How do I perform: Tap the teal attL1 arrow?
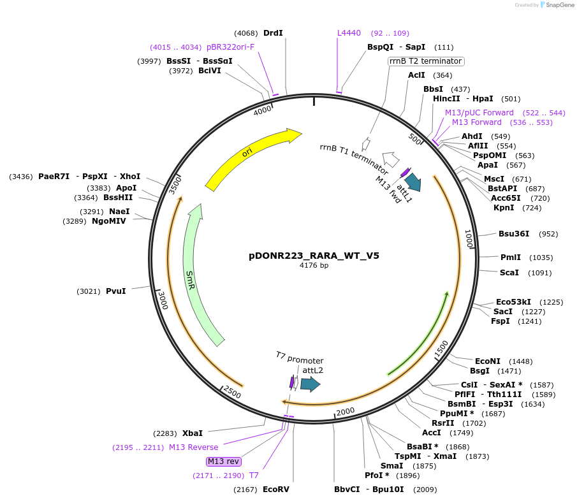tap(413, 182)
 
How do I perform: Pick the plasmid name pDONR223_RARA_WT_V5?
tap(314, 256)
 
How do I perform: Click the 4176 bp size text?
tap(314, 266)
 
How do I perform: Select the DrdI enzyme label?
tap(273, 33)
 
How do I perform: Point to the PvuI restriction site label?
tap(116, 291)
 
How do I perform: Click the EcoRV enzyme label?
tap(276, 490)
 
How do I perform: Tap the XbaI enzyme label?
tap(193, 433)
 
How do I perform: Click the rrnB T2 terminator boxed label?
tap(426, 61)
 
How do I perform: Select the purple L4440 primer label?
tap(349, 33)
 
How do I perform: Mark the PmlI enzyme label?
tap(510, 258)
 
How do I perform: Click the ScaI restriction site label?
tap(509, 273)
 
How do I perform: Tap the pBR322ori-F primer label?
tap(230, 47)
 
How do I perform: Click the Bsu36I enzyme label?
tap(514, 234)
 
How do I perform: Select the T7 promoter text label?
tap(300, 360)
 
